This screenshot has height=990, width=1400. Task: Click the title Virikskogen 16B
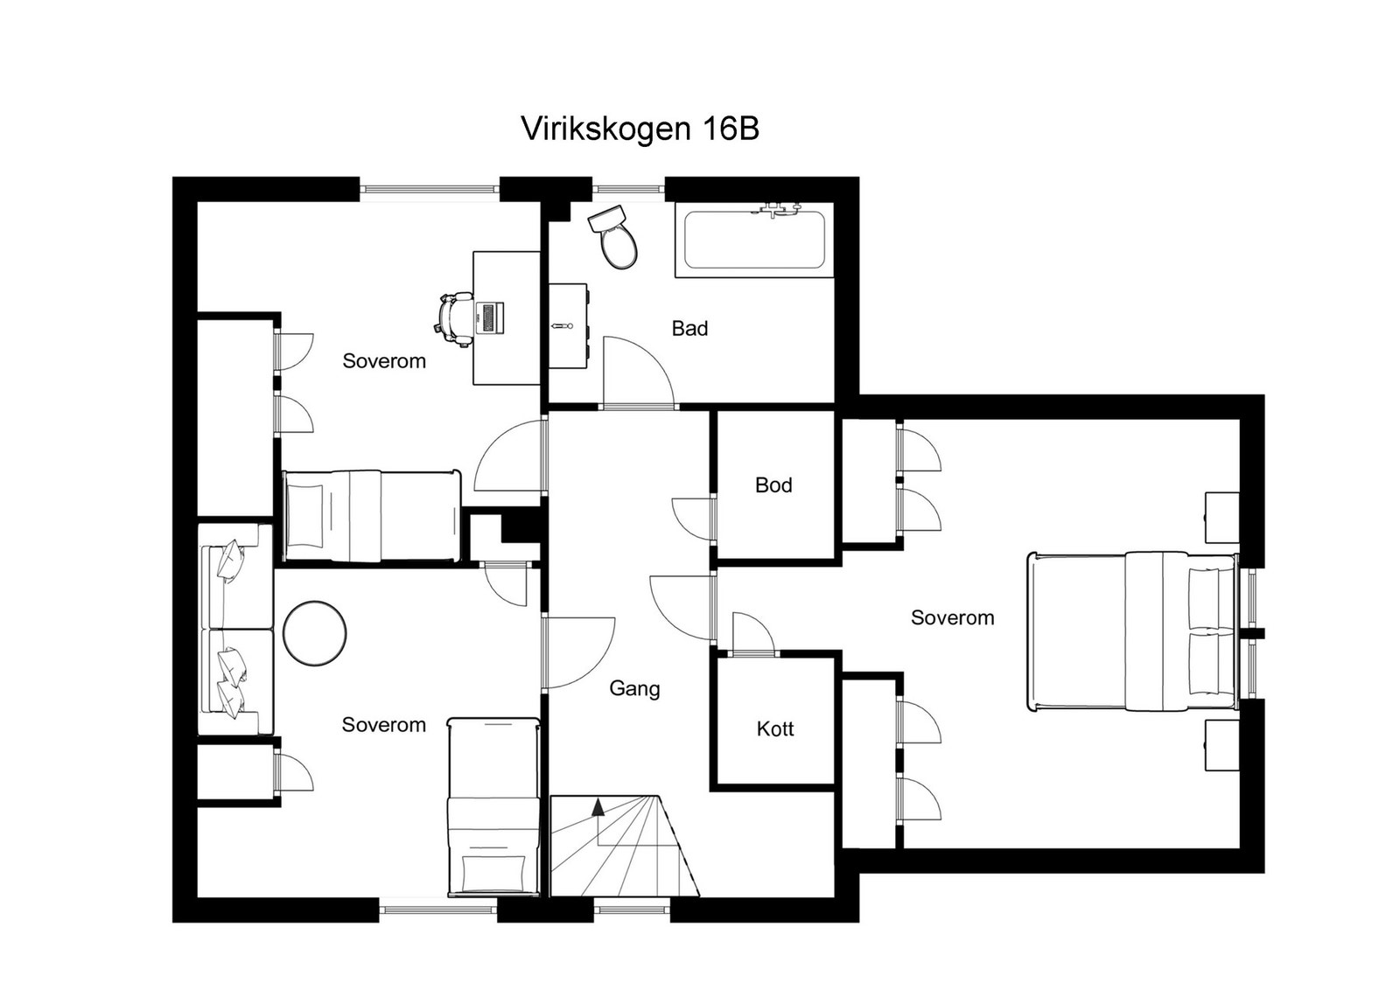(x=640, y=129)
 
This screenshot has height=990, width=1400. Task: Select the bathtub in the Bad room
(x=753, y=241)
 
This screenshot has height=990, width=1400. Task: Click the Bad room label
(x=689, y=329)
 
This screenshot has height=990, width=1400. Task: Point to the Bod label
(x=773, y=485)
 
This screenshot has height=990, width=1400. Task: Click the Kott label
(x=774, y=729)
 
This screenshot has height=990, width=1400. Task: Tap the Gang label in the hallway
(x=634, y=689)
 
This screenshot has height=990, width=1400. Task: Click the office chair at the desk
(x=452, y=318)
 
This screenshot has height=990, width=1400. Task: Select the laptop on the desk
(x=491, y=317)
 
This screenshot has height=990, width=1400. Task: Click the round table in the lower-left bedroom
(x=315, y=632)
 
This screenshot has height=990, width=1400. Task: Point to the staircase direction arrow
(x=598, y=807)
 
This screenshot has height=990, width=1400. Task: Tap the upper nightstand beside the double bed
(x=1221, y=518)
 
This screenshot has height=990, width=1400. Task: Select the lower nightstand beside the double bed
(x=1221, y=745)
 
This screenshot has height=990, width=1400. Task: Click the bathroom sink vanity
(x=568, y=326)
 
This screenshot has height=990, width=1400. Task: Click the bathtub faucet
(x=780, y=208)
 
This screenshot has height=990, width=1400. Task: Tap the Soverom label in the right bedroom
(x=952, y=618)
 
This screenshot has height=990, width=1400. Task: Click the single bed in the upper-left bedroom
(x=372, y=516)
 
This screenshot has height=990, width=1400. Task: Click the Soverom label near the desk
(x=383, y=361)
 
